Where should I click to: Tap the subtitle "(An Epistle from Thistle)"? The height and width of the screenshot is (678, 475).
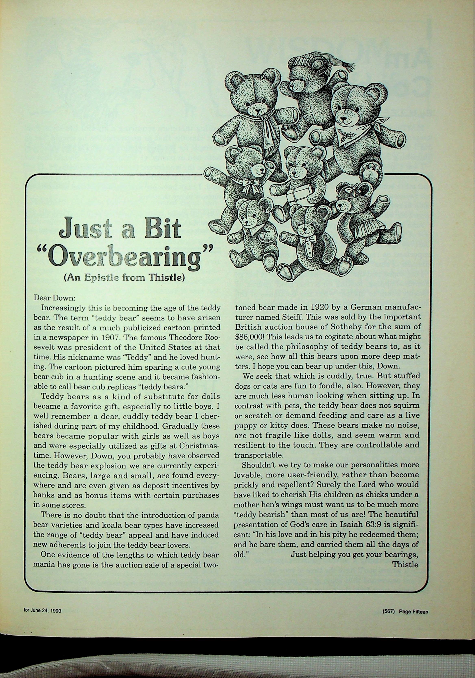(x=124, y=279)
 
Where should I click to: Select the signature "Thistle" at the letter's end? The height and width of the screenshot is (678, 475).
(x=405, y=565)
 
